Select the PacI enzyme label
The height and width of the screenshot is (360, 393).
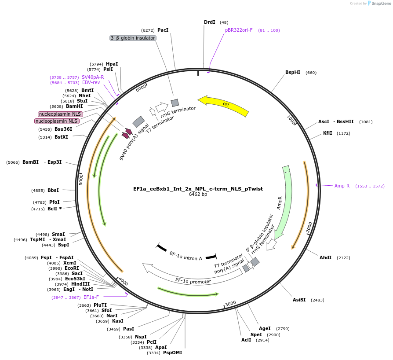pos(163,30)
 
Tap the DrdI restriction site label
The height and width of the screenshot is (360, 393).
pos(210,22)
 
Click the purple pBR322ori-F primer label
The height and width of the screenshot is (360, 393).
pos(239,30)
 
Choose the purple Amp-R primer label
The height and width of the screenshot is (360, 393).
pos(342,186)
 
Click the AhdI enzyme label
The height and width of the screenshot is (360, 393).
pos(325,257)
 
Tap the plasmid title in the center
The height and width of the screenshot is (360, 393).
pos(198,189)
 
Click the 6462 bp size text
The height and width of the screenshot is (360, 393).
pos(198,194)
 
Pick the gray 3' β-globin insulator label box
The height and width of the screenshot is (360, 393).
pos(133,38)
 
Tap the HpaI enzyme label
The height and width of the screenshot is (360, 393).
pos(112,64)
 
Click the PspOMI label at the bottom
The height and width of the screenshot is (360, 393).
pos(172,353)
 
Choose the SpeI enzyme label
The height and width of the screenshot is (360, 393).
pos(256,335)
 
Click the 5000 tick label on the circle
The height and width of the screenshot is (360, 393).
pos(81,179)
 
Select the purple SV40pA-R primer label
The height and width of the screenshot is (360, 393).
pos(93,77)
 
